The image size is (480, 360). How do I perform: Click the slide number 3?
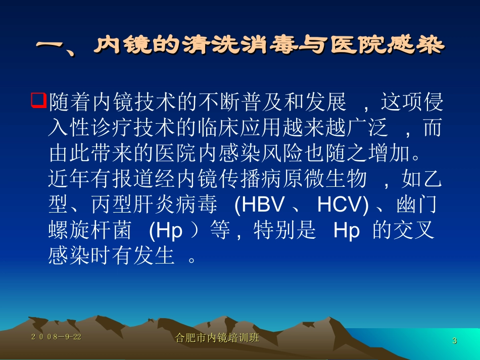[454, 341]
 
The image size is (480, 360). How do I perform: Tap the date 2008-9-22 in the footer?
[56, 337]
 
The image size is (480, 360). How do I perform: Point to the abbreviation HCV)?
[343, 205]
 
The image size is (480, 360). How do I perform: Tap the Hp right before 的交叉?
[347, 231]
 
